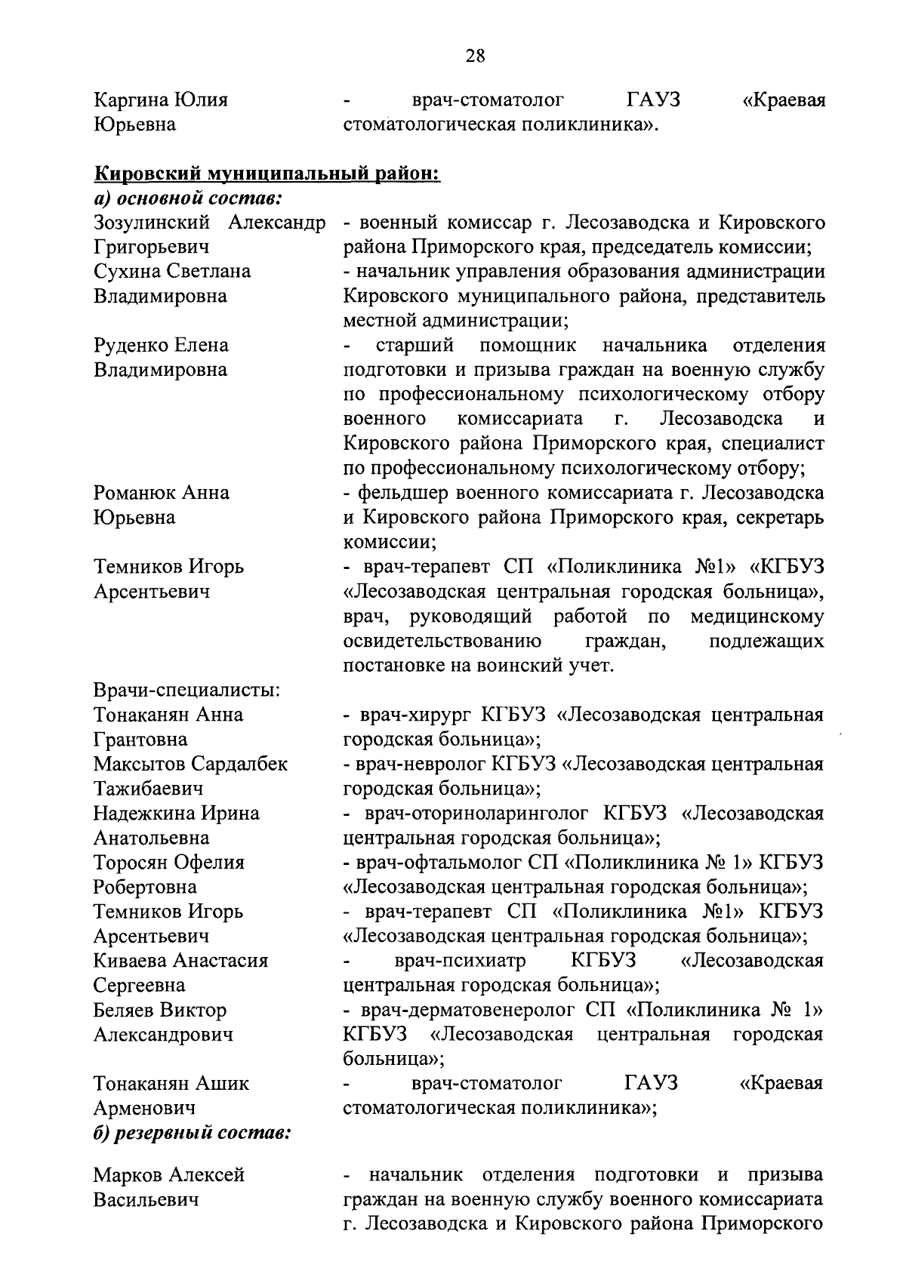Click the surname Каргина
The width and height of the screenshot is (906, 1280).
(131, 100)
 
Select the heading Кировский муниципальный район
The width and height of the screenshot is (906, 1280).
(266, 174)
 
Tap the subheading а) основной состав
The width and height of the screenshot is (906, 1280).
(188, 199)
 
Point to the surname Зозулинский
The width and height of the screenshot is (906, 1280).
(156, 223)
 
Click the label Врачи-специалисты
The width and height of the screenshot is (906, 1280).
(187, 690)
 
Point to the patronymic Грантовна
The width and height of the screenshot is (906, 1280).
(140, 739)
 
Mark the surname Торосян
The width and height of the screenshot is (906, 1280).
(130, 862)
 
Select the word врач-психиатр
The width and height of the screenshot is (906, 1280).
(460, 961)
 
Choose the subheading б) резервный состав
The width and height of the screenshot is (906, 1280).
(193, 1133)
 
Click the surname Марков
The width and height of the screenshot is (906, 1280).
(126, 1175)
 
